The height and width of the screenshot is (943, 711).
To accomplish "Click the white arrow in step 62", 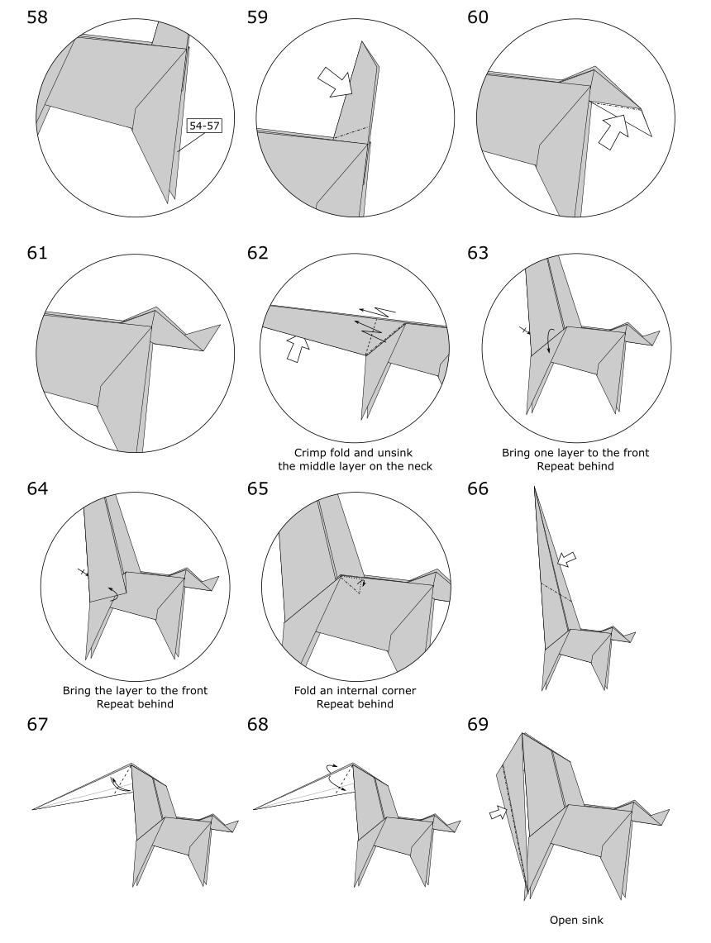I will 296,347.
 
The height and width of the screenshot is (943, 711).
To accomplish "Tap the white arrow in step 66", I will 569,561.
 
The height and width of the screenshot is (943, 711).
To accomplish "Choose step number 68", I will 262,726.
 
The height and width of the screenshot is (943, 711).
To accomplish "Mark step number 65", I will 262,489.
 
